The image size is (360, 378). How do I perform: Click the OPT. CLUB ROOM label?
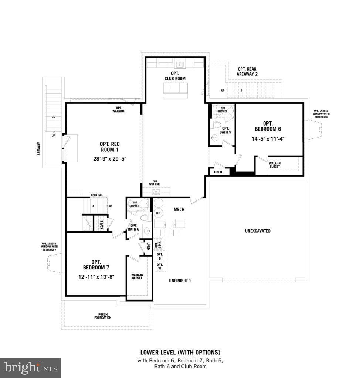click(x=175, y=76)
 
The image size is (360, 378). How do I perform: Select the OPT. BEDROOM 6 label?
click(x=268, y=126)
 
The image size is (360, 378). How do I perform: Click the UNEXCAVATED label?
click(x=258, y=231)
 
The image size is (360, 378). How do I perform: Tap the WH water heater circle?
click(x=158, y=213)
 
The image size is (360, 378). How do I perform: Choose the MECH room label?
click(x=179, y=210)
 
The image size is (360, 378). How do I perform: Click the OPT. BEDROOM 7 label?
click(x=96, y=264)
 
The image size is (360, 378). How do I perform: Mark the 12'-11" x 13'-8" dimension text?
click(x=96, y=276)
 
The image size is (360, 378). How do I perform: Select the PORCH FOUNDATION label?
click(x=102, y=316)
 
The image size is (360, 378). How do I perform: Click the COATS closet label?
click(x=102, y=225)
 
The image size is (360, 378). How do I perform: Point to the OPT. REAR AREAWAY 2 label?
click(x=247, y=71)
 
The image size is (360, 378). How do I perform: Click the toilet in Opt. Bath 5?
click(x=215, y=124)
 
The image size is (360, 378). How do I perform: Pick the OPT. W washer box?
click(x=160, y=267)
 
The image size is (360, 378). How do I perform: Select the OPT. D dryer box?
click(x=160, y=256)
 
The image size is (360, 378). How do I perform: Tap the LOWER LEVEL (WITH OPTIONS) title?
click(x=180, y=352)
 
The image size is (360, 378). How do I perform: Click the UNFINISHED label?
click(x=180, y=281)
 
